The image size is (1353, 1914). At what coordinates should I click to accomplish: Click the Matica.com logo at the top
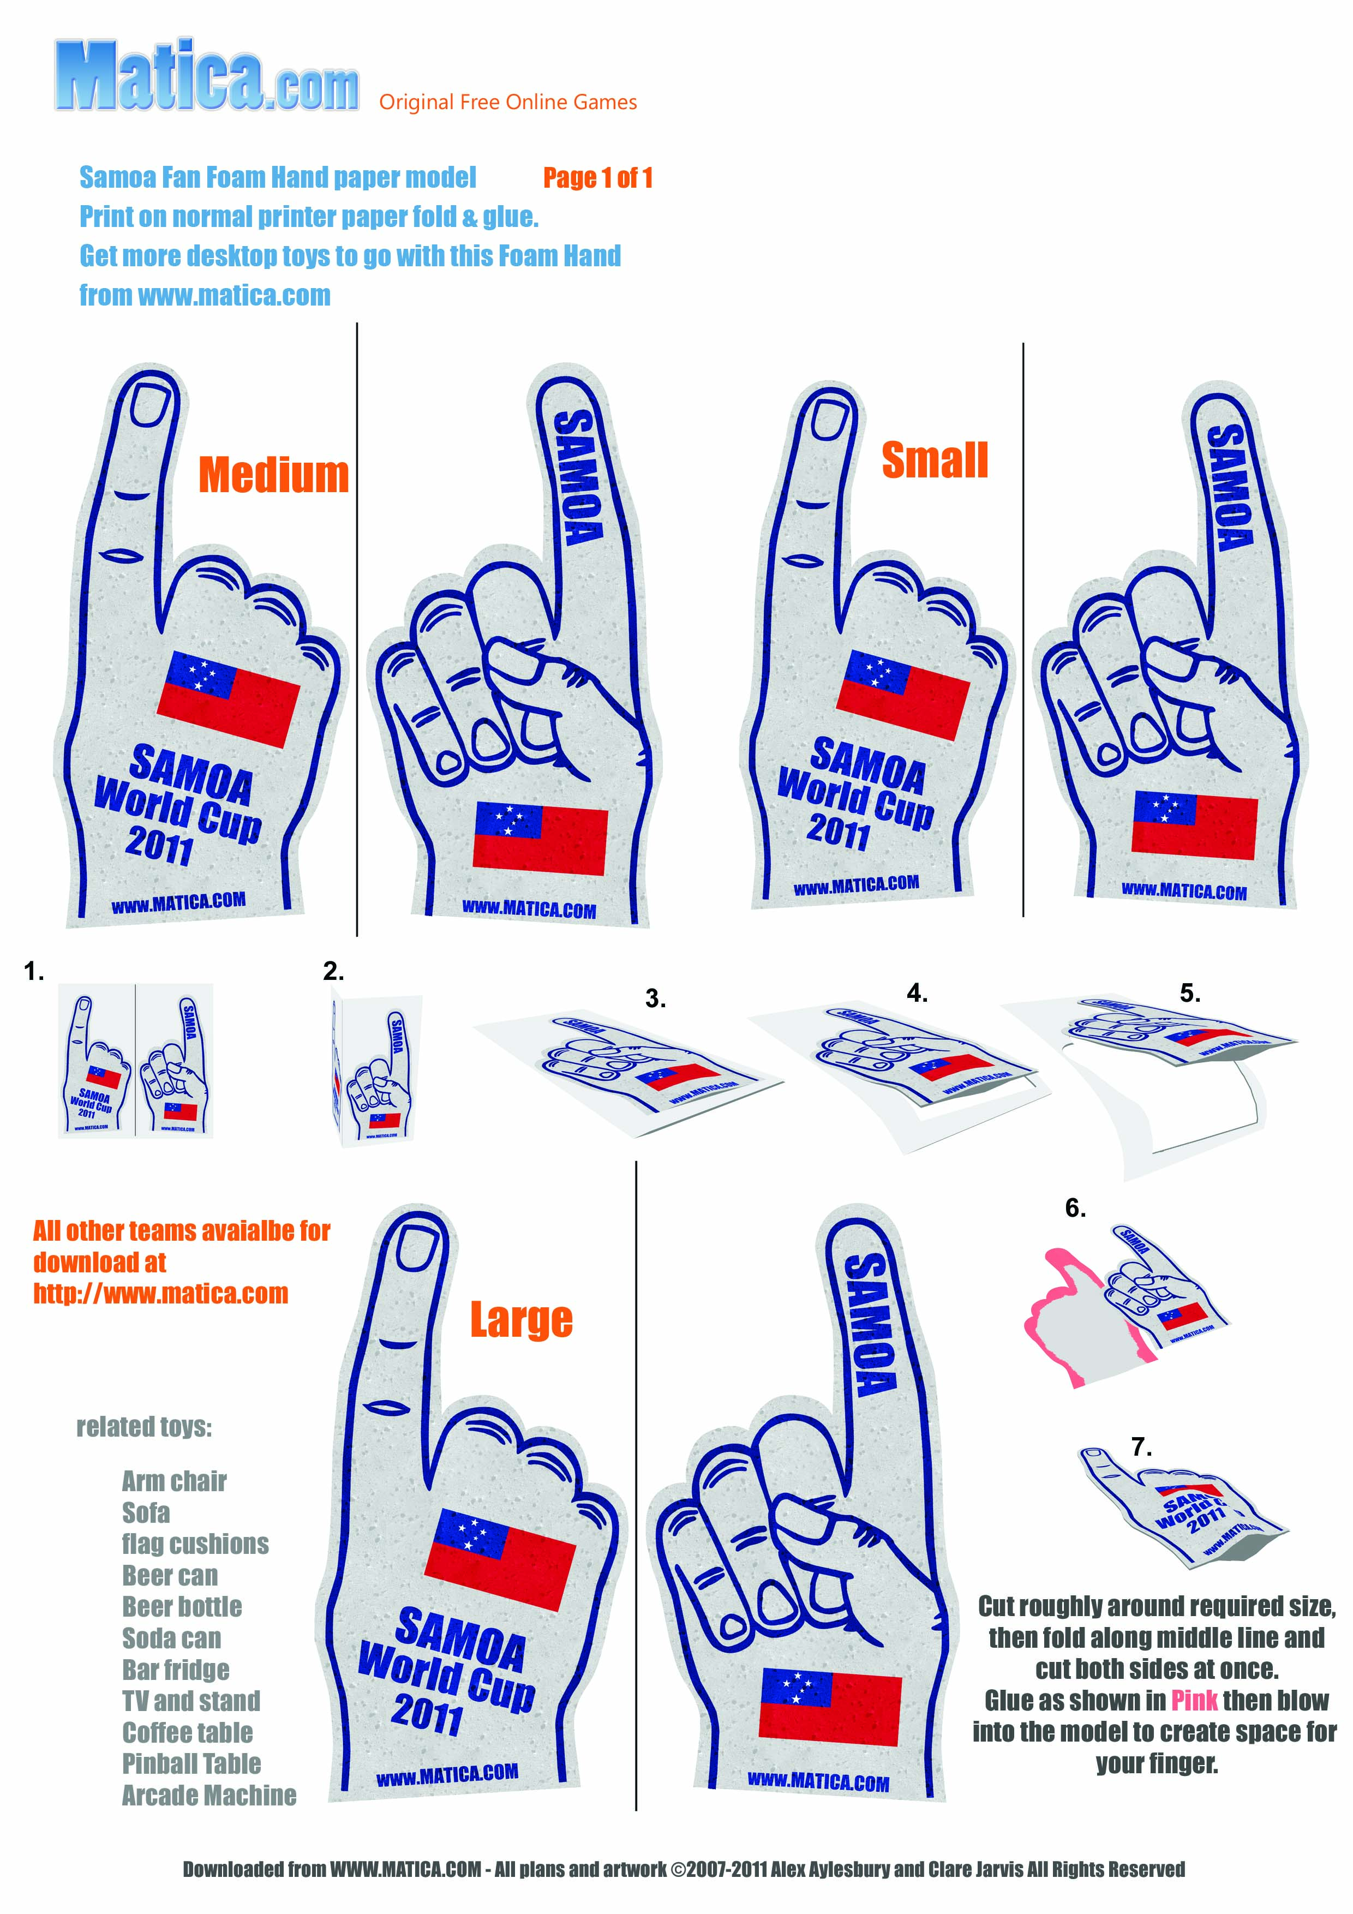point(207,77)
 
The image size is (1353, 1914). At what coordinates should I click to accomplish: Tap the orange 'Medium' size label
point(273,475)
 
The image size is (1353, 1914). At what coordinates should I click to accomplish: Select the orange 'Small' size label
point(935,461)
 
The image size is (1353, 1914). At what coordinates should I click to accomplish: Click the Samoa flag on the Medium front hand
point(229,698)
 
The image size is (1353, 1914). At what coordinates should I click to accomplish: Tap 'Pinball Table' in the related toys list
point(191,1763)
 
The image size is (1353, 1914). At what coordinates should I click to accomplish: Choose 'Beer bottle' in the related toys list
point(182,1606)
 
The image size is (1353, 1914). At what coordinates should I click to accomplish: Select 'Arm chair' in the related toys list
point(174,1481)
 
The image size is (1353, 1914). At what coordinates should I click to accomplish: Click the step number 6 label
point(1075,1209)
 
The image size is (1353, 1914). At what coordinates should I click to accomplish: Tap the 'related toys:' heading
point(144,1427)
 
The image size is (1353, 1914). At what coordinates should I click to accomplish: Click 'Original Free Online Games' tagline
point(508,103)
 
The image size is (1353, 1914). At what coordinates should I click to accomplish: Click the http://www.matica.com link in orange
point(161,1293)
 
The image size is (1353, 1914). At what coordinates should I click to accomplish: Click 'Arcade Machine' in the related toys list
point(209,1795)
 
